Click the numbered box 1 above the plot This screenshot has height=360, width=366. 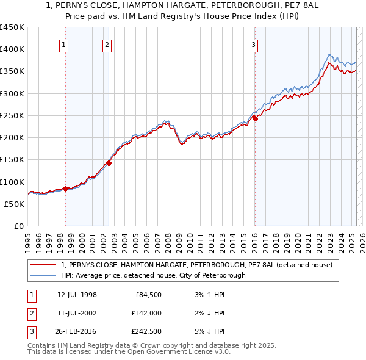pyautogui.click(x=64, y=44)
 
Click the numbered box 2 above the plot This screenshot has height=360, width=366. pyautogui.click(x=107, y=44)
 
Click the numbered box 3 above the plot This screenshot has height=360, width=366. pyautogui.click(x=253, y=44)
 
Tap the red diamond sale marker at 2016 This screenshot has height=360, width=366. pyautogui.click(x=255, y=119)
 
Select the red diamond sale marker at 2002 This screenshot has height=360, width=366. pyautogui.click(x=109, y=163)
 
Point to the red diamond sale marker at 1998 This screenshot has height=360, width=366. pyautogui.click(x=65, y=189)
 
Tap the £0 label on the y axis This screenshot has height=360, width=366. pyautogui.click(x=19, y=226)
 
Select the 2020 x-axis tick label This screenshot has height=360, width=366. pyautogui.click(x=298, y=240)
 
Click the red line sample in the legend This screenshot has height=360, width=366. pyautogui.click(x=43, y=265)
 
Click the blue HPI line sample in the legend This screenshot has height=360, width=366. pyautogui.click(x=43, y=275)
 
